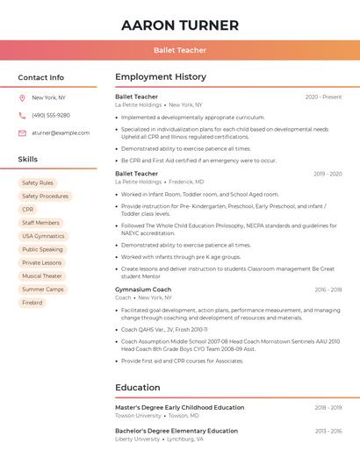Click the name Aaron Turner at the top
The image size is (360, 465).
tap(180, 25)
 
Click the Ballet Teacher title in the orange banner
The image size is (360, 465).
tap(180, 50)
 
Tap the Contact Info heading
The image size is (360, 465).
tap(41, 77)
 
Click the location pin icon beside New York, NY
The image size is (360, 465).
tap(22, 98)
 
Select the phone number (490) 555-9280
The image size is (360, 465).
tap(51, 115)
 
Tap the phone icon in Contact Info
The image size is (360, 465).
tap(22, 115)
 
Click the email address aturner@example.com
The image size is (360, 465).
tap(61, 132)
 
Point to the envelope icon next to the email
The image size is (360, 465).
tap(22, 132)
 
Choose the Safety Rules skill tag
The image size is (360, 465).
tap(38, 183)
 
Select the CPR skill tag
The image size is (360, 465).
tap(28, 210)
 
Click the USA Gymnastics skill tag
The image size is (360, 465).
tap(43, 236)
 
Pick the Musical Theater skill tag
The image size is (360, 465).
tap(42, 275)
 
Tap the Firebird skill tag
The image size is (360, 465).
tap(32, 303)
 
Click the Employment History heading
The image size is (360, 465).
tap(161, 77)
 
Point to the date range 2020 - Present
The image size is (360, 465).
tap(323, 97)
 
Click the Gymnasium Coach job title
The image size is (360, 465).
tap(143, 290)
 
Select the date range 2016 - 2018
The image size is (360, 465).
tap(328, 290)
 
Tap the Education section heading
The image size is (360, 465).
tap(139, 387)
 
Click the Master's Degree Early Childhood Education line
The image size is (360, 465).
tap(180, 407)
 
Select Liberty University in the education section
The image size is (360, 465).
tap(138, 439)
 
